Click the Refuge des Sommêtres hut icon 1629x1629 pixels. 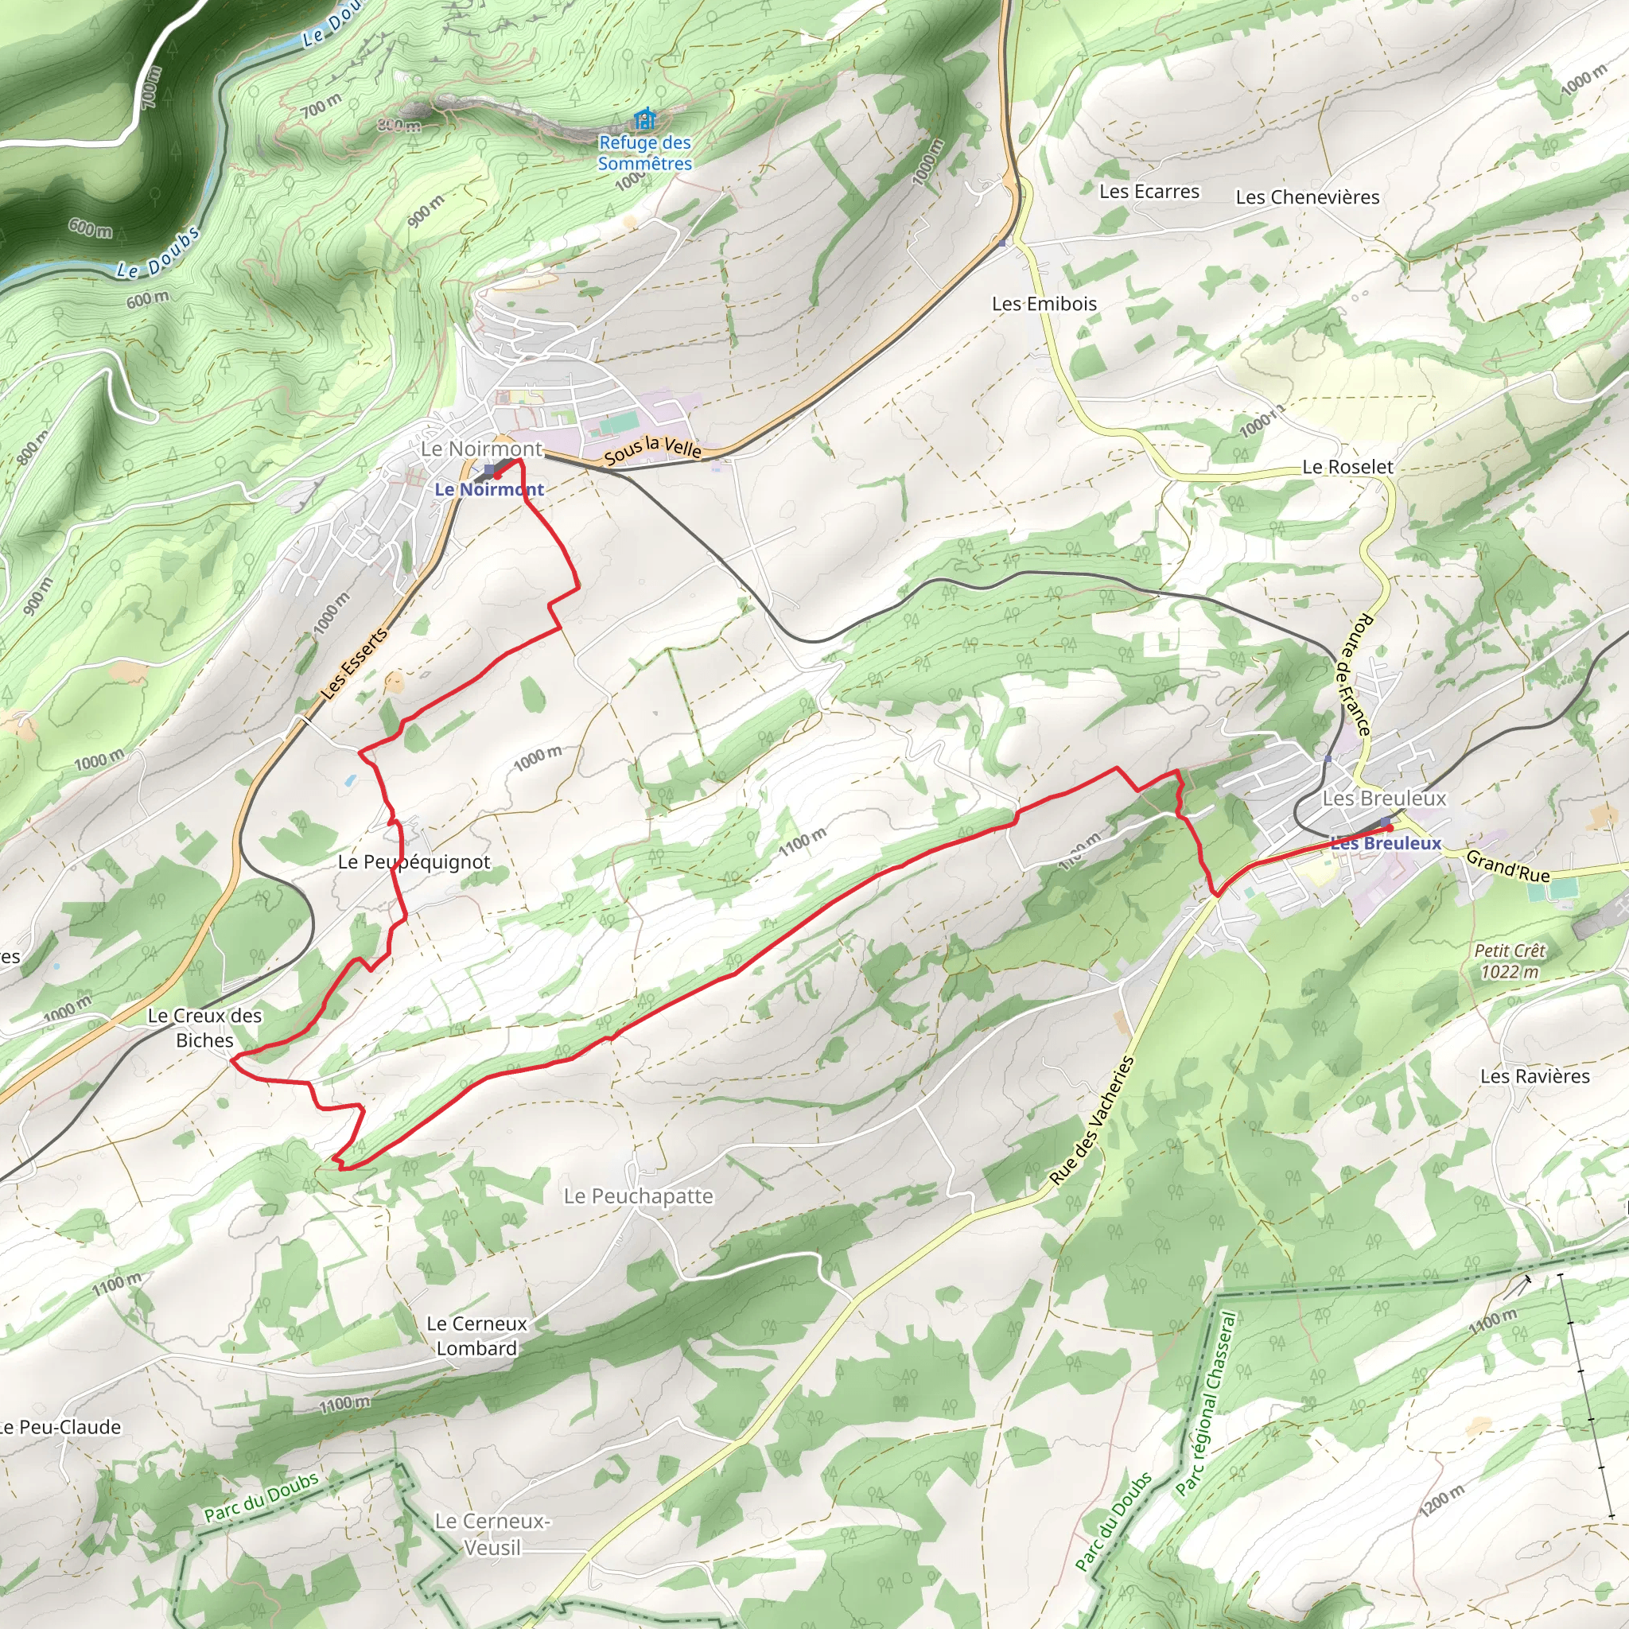[645, 118]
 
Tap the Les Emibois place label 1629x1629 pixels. [1044, 304]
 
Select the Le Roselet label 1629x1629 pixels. [1347, 466]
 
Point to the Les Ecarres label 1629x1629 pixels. [1149, 192]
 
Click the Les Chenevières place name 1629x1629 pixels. [1307, 197]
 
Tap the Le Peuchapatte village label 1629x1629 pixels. [638, 1196]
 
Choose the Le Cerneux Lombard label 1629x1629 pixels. [476, 1335]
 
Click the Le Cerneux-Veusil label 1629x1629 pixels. [492, 1534]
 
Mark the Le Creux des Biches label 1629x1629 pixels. [205, 1028]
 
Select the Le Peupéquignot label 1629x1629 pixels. [413, 861]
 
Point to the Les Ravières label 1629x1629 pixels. [1534, 1076]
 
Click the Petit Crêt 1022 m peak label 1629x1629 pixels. [1509, 961]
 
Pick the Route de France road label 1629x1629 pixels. [1355, 675]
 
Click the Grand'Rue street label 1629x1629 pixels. [1507, 866]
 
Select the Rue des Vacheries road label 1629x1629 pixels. [1092, 1120]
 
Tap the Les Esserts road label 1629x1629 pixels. [355, 663]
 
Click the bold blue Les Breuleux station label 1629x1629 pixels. [1386, 843]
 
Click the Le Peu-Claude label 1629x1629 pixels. [60, 1427]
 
